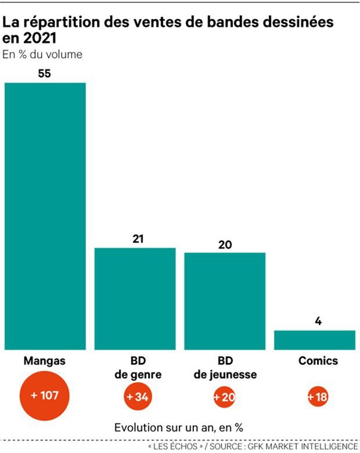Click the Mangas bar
point(45,215)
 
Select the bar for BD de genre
point(135,298)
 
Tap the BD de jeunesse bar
point(224,301)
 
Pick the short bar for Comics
point(314,340)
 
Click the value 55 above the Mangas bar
point(44,74)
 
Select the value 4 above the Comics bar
point(318,321)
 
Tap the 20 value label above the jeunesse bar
point(225,244)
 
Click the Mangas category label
point(45,361)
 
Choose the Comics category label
point(318,361)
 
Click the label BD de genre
point(137,368)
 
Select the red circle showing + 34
point(137,397)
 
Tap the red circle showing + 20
point(225,397)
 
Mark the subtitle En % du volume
point(42,55)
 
